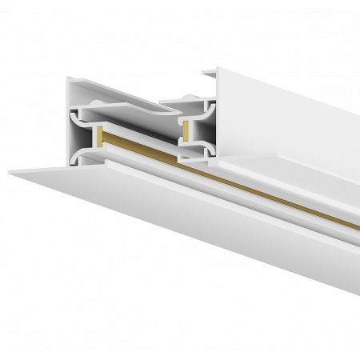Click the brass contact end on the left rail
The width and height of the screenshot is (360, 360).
[x=98, y=137]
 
